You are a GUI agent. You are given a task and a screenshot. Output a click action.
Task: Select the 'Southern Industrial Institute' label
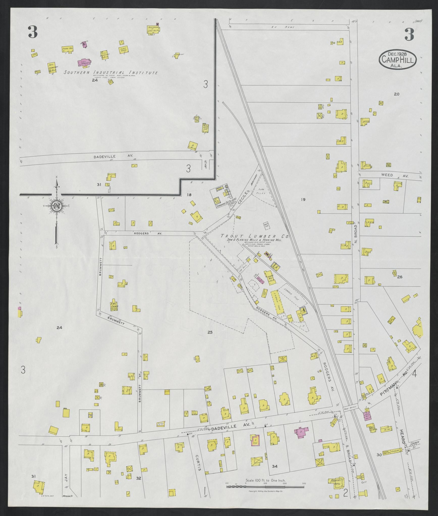pos(111,73)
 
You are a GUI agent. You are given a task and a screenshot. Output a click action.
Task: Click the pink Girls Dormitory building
pos(84,62)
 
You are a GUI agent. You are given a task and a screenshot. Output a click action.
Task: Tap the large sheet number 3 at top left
pos(33,32)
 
